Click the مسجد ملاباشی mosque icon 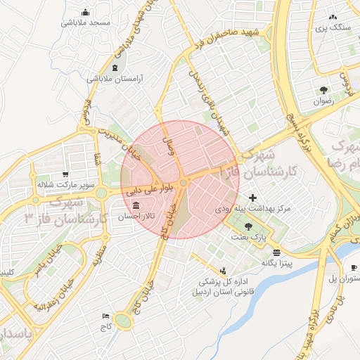click(85, 12)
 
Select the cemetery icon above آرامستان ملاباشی click(115, 67)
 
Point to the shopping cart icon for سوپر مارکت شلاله click(65, 174)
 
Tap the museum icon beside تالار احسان click(135, 205)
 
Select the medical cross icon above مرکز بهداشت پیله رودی click(253, 198)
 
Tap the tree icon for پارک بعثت click(247, 226)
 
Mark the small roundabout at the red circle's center click(183, 183)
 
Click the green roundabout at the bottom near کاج click(124, 322)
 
